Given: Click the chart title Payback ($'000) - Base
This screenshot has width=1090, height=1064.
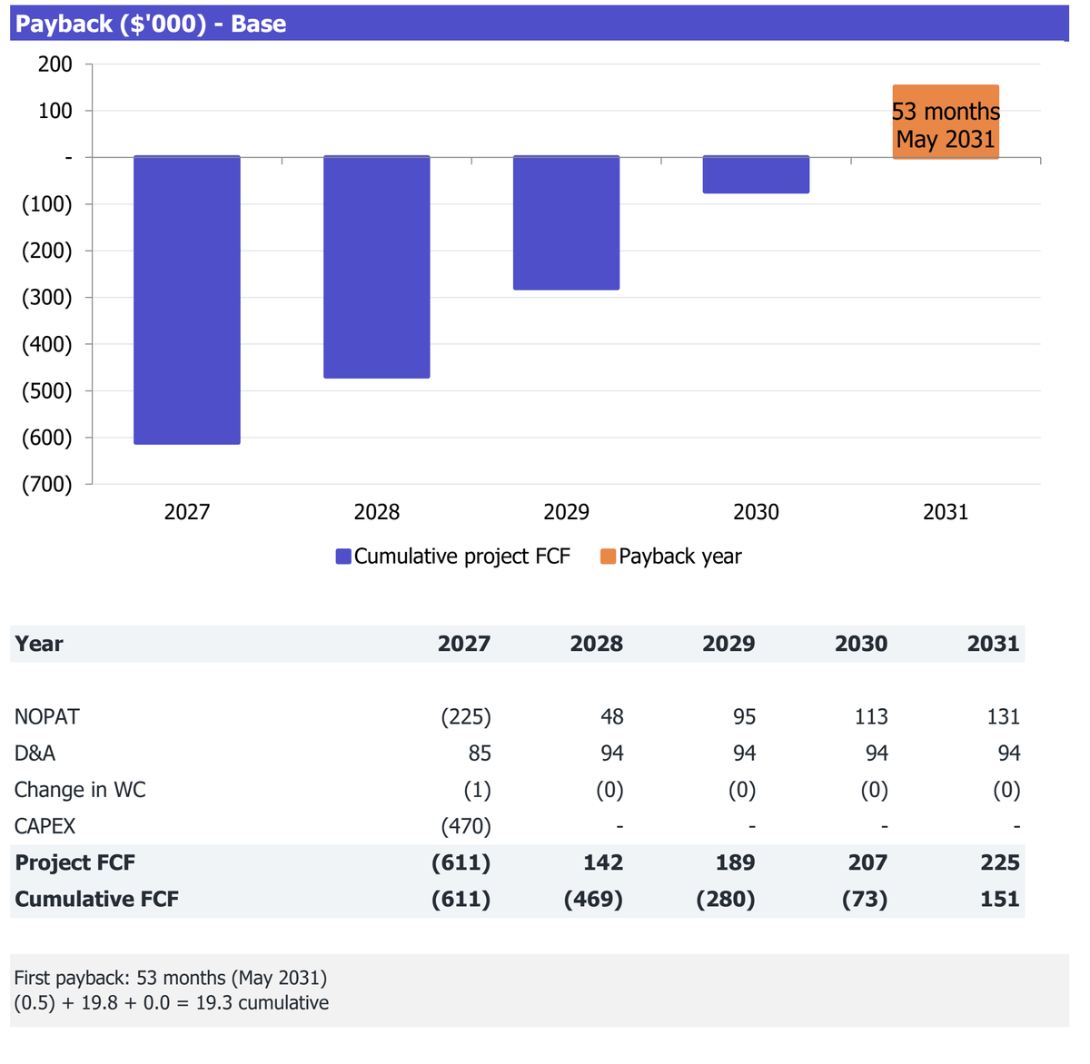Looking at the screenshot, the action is pos(150,24).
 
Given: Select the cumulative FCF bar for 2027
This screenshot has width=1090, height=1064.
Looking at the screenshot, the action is pos(187,300).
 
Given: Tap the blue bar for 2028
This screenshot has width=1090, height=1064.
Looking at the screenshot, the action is pos(377,267).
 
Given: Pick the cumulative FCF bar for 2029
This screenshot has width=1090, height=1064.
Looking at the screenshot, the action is pos(566,222).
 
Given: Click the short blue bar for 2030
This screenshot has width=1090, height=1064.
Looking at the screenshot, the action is pos(756,174).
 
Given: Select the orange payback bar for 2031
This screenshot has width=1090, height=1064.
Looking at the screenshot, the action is pos(946,122).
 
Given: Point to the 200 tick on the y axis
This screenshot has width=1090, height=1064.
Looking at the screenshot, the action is pos(54,64).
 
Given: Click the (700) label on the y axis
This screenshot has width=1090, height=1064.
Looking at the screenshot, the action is pos(47,484).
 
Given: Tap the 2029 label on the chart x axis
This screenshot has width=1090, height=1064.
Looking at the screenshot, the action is pos(566,512).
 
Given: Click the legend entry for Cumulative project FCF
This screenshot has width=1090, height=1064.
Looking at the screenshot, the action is pos(452,557).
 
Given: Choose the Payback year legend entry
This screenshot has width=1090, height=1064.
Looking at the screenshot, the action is pos(671,557).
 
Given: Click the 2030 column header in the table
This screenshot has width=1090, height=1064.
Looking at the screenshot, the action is pos(861,644).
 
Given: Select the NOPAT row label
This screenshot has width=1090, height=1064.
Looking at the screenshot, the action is pos(47,717).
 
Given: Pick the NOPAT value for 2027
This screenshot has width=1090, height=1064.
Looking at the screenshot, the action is pos(466,717).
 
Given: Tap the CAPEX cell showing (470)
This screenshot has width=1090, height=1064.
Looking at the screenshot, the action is pos(466,826).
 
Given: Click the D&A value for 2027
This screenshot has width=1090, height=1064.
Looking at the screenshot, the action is pos(480,754).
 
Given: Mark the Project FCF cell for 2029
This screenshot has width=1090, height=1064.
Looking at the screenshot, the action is pos(736,862).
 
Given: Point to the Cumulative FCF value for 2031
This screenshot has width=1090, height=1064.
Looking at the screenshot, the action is pos(1000,899).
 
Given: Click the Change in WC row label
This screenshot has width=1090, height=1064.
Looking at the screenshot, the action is pos(80,790).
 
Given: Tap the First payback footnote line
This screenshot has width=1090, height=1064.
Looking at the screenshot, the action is pos(171,978).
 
